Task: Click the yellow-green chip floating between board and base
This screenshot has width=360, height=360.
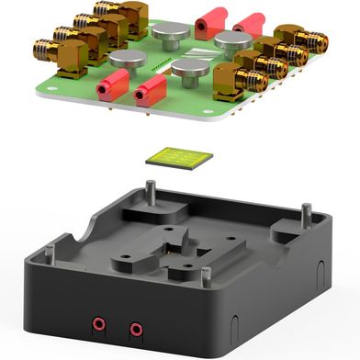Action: pos(179,157)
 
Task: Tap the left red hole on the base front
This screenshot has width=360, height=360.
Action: pos(96,324)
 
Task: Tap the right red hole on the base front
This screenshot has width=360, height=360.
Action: pos(136,328)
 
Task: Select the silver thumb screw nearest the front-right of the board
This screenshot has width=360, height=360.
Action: pos(189,72)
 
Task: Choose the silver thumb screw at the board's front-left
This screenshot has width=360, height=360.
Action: pos(127,60)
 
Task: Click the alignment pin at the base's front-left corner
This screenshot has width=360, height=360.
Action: pos(51,248)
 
